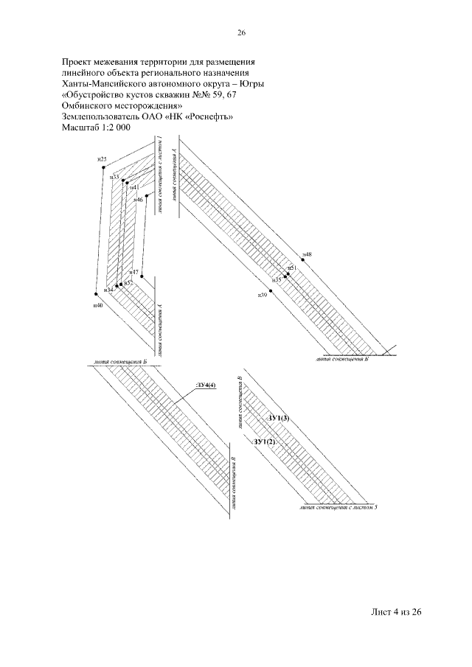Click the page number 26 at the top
240,32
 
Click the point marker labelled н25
104,168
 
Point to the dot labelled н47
141,277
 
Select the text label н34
108,290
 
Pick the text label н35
277,280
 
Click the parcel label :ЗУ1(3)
279,419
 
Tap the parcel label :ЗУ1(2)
264,441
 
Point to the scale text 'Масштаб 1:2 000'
96,128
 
